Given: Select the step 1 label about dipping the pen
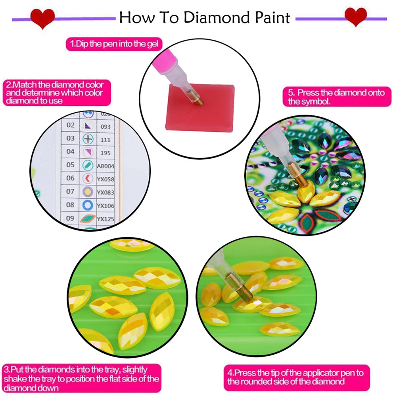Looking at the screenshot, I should (x=114, y=44).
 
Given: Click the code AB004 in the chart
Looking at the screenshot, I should (x=105, y=166).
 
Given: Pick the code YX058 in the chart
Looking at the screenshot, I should (x=105, y=179).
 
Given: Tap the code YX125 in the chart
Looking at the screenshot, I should (x=105, y=219).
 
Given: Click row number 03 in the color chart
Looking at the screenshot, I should (x=70, y=138).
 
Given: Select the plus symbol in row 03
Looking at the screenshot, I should (x=88, y=139).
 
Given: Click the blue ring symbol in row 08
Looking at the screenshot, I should (x=88, y=205).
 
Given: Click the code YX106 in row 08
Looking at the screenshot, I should (x=105, y=205).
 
